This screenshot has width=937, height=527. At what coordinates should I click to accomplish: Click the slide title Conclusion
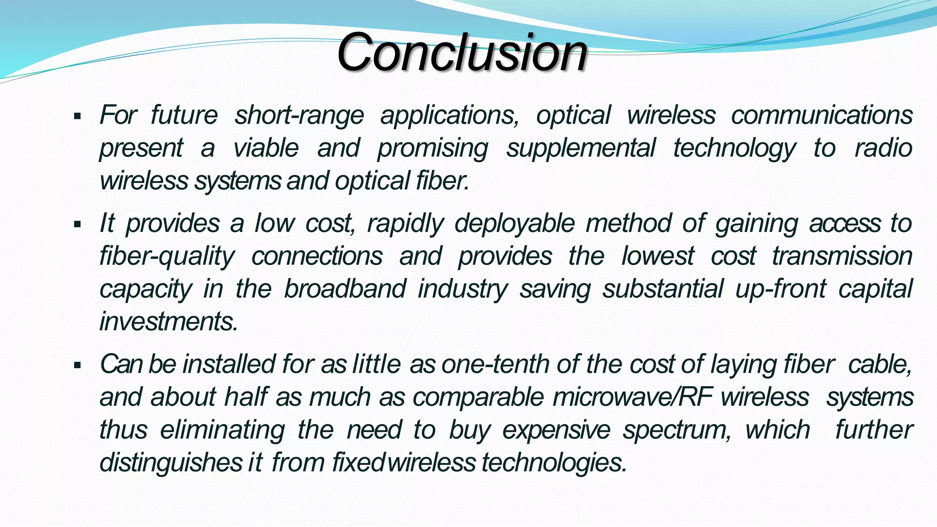click(462, 53)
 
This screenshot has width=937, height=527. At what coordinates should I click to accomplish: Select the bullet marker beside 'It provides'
click(77, 225)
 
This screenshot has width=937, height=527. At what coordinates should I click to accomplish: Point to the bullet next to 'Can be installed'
click(77, 366)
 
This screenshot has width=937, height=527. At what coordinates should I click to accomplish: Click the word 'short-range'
click(299, 115)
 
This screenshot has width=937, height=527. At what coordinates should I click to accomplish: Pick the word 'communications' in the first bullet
click(822, 115)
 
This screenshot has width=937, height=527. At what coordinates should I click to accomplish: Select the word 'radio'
click(883, 148)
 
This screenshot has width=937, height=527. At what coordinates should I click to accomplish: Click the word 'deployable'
click(514, 224)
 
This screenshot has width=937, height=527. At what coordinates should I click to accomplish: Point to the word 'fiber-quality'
click(167, 256)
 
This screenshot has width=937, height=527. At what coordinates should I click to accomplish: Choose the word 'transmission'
click(842, 256)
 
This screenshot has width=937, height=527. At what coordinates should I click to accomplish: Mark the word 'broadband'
click(345, 289)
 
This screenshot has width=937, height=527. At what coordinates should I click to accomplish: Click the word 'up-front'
click(781, 289)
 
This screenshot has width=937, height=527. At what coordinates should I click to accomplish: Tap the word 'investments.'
click(169, 321)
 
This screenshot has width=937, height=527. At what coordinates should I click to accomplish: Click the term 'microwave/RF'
click(632, 397)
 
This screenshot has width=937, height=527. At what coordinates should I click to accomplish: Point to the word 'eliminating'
click(222, 430)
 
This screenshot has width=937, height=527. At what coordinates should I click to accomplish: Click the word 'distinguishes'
click(171, 462)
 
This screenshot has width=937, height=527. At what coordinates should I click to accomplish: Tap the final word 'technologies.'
click(554, 462)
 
